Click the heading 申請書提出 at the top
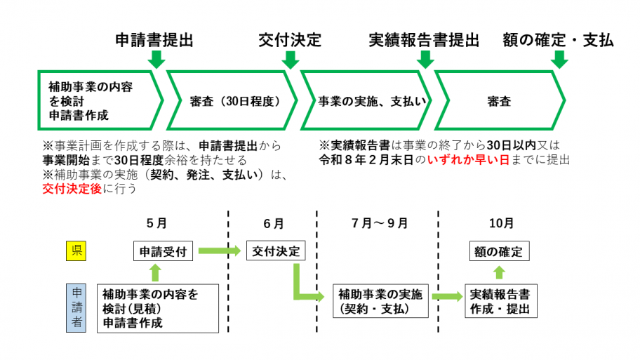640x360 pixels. (x=154, y=40)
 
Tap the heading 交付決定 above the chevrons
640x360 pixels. (x=290, y=40)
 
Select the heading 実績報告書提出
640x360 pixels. (x=424, y=40)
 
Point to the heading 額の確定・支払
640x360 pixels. (x=558, y=40)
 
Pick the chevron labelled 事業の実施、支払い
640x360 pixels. (x=365, y=101)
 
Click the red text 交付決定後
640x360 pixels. (x=72, y=188)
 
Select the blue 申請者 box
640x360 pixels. (x=75, y=307)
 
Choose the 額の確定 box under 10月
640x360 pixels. (x=500, y=251)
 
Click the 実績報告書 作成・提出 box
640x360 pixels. (x=500, y=301)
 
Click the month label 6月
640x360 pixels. (x=274, y=224)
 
